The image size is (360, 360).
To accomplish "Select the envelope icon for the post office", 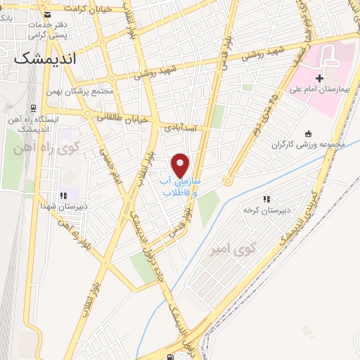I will [x=47, y=14].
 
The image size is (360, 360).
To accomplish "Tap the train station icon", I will [x=34, y=109].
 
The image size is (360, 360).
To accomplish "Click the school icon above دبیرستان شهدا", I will [x=63, y=195].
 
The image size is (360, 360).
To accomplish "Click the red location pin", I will [x=181, y=164].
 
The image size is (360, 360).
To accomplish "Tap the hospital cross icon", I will [x=320, y=77].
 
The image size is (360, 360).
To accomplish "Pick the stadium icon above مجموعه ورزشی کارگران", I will [x=307, y=134].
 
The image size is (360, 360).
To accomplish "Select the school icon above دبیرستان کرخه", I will [x=266, y=199].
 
